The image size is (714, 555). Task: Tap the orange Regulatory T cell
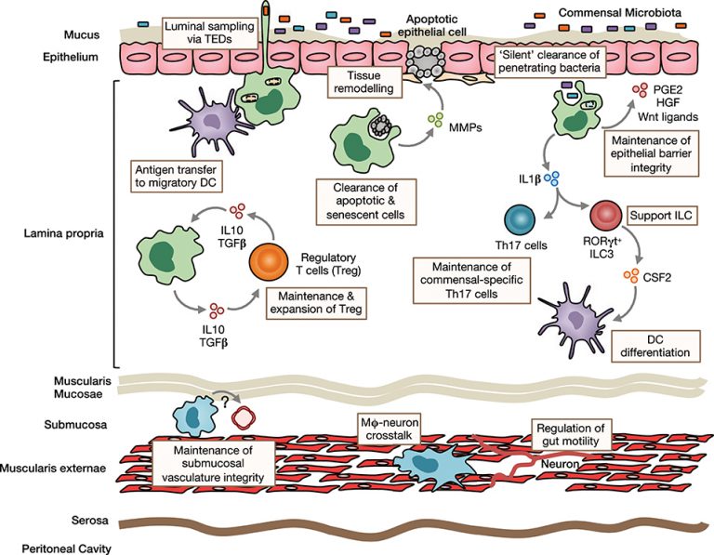(x=270, y=264)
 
